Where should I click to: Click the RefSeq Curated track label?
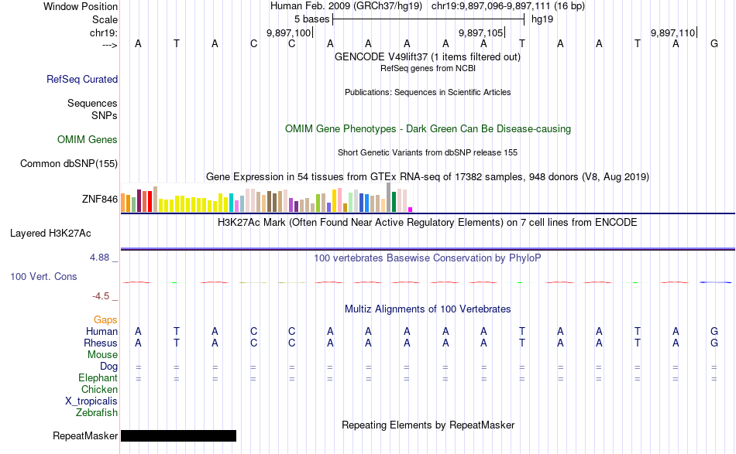[x=82, y=79]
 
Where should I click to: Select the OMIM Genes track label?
[x=88, y=140]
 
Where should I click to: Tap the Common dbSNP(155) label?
[x=69, y=163]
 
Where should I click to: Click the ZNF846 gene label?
[x=100, y=200]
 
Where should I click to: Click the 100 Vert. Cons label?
[x=43, y=276]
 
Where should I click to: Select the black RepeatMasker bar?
[x=178, y=436]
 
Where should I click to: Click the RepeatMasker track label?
[x=85, y=436]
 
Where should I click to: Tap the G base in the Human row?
[x=714, y=331]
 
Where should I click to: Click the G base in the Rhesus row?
[x=714, y=343]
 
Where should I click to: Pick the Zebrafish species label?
[x=97, y=413]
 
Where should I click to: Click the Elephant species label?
[x=98, y=378]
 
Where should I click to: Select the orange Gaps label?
[x=105, y=319]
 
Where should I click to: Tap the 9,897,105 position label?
[x=480, y=33]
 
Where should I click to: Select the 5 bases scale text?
[x=311, y=19]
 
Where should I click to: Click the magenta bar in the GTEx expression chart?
[x=411, y=210]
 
